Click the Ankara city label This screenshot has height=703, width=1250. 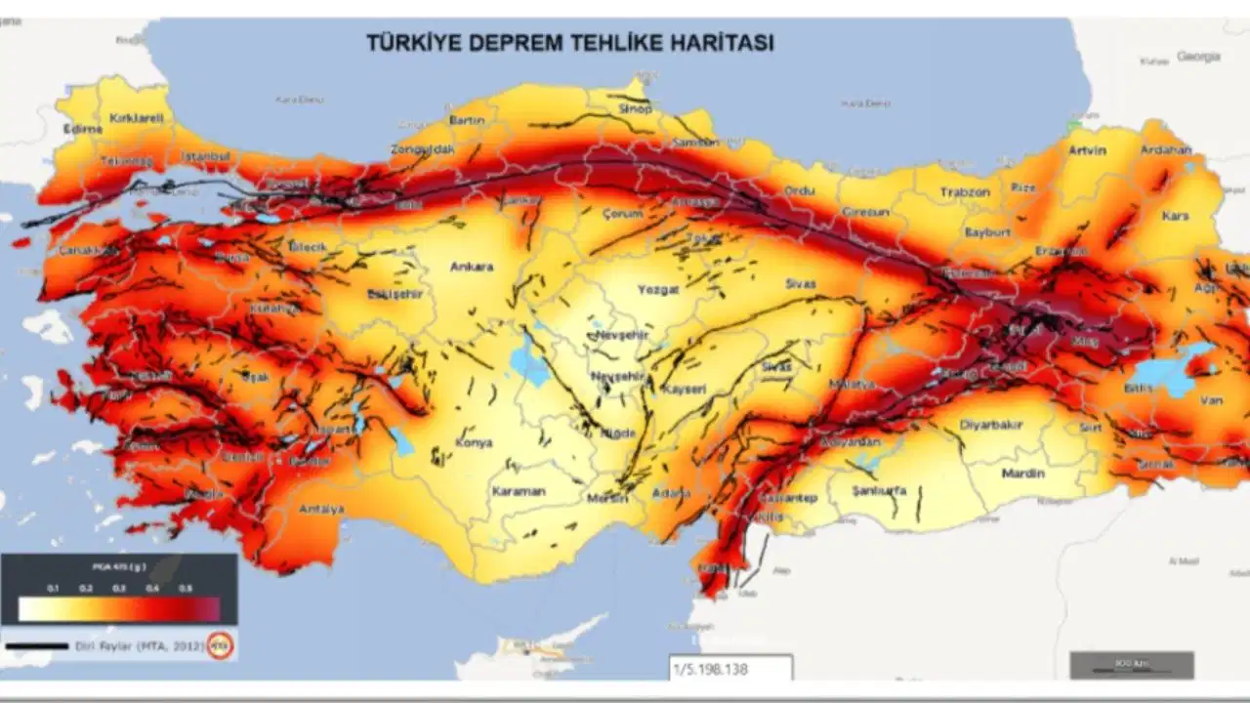(x=471, y=267)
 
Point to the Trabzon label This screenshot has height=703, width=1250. (x=965, y=192)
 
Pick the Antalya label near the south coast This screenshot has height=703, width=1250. (x=321, y=509)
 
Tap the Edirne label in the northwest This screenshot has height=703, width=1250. (x=82, y=129)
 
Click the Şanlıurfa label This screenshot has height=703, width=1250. (x=879, y=490)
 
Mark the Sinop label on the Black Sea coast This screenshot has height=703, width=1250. (x=636, y=109)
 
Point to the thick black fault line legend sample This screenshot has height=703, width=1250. (x=37, y=645)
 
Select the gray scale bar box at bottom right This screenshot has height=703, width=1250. (x=1131, y=665)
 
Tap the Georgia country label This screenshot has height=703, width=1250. (x=1198, y=57)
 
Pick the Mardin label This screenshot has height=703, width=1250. (x=1022, y=474)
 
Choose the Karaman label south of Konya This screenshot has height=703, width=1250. (x=518, y=491)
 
